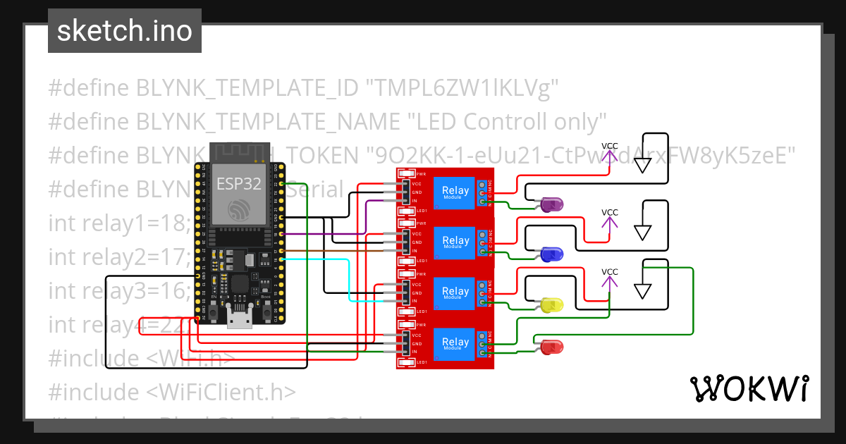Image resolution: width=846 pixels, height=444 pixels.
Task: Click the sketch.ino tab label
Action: coord(124,31)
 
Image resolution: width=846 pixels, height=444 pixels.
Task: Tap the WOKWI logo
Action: coord(749,388)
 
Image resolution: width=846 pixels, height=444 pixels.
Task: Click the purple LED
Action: coord(551,205)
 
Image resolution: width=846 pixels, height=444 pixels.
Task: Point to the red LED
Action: coord(551,347)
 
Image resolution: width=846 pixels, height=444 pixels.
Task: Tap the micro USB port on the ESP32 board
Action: coord(240,319)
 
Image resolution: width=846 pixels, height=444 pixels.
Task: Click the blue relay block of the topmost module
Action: coord(455,192)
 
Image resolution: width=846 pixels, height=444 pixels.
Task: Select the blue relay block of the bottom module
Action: coord(455,345)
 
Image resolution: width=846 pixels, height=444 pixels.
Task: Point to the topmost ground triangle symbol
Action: coord(642,166)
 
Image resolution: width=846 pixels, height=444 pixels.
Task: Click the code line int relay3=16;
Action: coord(118,290)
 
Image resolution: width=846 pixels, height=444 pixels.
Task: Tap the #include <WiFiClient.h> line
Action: coord(172,392)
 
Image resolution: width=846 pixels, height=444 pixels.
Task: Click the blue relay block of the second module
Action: coord(455,242)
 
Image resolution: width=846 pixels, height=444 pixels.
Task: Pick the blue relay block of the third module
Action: coord(455,293)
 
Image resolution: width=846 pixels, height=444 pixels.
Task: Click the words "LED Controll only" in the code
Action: coord(508,121)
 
